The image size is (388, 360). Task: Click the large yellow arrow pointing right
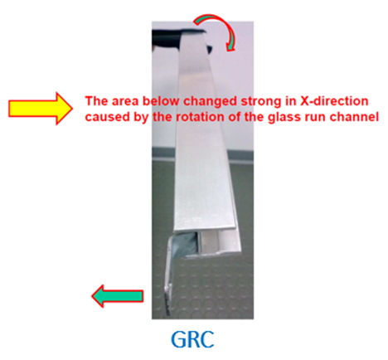point(41,108)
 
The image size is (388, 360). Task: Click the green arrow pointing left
point(118,296)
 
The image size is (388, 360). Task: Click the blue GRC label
point(192,339)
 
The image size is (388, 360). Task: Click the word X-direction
point(334,101)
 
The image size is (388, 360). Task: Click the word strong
point(259,102)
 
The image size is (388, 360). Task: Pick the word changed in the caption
point(210,102)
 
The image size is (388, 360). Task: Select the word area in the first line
point(125,101)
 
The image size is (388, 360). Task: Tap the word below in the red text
point(161,101)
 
